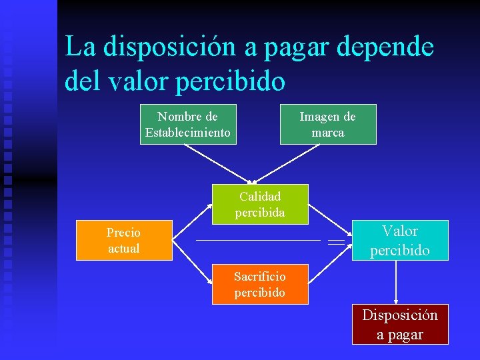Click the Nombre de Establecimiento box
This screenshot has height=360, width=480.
188,124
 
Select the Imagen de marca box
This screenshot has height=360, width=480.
328,124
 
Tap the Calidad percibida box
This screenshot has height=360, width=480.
260,204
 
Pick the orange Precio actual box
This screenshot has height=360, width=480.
124,240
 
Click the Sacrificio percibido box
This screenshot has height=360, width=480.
260,284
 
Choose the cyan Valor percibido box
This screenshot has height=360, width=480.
400,240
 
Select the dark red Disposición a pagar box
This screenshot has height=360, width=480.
400,324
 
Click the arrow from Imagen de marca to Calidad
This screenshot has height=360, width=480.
289,163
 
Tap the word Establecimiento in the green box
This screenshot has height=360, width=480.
188,133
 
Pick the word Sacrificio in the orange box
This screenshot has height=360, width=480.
260,276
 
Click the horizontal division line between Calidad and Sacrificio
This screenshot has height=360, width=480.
257,239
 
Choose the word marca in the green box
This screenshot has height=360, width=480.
328,133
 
